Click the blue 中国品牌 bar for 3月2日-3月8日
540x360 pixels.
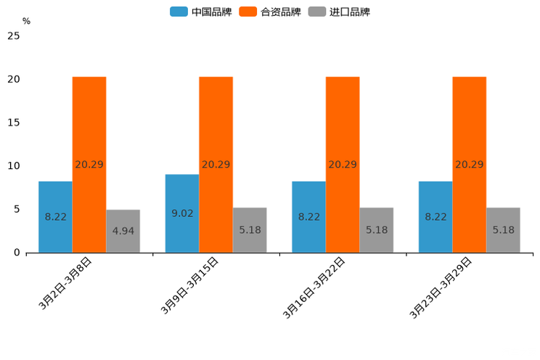point(55,217)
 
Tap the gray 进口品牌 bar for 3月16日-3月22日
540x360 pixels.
point(377,230)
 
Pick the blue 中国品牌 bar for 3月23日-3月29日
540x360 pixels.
point(435,217)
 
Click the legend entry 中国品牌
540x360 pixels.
point(201,12)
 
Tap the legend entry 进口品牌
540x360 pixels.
point(340,12)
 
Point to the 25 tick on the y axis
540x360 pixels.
point(13,36)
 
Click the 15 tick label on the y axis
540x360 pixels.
point(13,123)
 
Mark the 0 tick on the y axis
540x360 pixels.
point(17,253)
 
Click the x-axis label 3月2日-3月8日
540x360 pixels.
point(65,284)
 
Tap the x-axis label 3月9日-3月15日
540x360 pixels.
point(189,286)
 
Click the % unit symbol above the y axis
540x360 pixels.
point(26,21)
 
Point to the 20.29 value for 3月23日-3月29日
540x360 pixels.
point(469,165)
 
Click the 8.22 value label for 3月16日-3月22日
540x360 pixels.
point(308,217)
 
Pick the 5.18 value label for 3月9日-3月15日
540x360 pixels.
point(250,230)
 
